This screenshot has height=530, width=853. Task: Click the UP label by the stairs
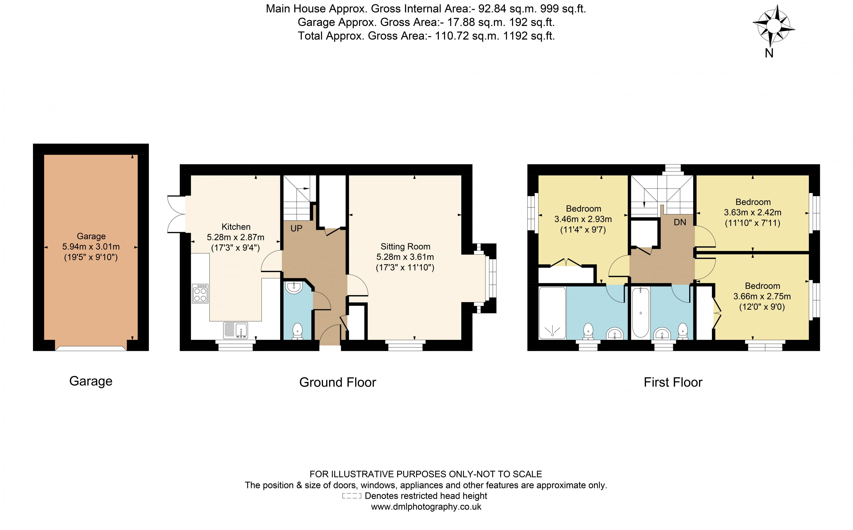pyautogui.click(x=296, y=229)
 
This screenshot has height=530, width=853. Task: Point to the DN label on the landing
pyautogui.click(x=680, y=222)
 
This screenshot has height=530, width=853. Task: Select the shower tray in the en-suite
pyautogui.click(x=552, y=313)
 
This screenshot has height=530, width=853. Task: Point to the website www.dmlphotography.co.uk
pyautogui.click(x=426, y=507)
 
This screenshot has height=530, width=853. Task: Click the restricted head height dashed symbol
pyautogui.click(x=351, y=496)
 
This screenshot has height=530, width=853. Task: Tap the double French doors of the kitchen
pyautogui.click(x=176, y=214)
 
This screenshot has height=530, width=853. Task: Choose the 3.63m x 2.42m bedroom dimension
pyautogui.click(x=752, y=212)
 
